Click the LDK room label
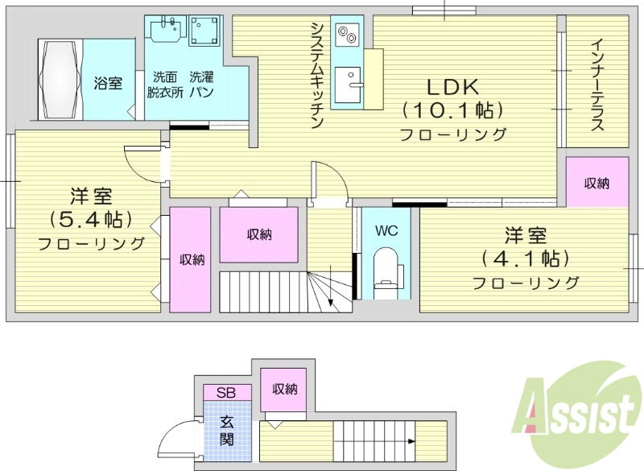[452, 86]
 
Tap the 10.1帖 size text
[453, 109]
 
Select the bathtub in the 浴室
[60, 80]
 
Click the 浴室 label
[108, 82]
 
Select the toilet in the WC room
[387, 270]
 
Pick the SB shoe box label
[226, 393]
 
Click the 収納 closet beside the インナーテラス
[597, 184]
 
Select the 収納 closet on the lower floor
[285, 390]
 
